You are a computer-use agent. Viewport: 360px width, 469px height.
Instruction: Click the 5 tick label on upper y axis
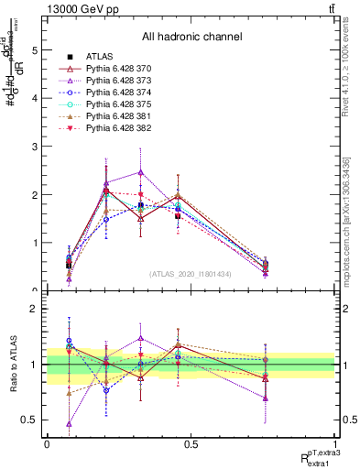34,51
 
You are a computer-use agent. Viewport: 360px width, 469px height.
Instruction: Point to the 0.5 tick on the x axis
191,444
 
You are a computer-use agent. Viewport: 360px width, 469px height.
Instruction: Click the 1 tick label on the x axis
335,444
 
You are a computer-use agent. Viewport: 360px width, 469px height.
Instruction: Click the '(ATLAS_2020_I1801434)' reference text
191,274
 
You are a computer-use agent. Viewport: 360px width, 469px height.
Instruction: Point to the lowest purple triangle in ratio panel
70,423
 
